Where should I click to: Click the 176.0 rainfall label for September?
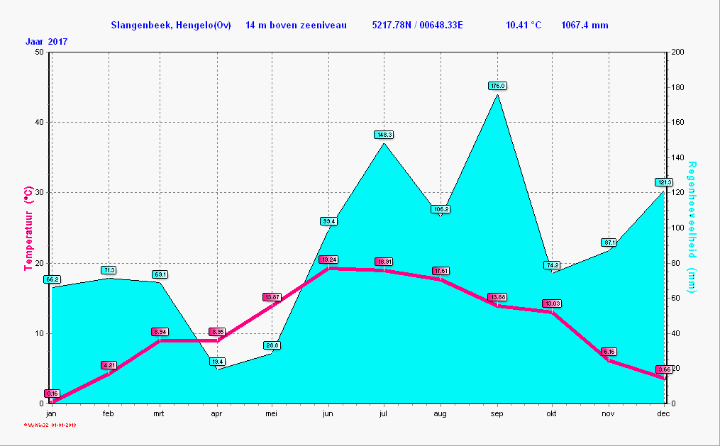[497, 86]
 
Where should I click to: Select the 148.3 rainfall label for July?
[384, 135]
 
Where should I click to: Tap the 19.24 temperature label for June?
[328, 260]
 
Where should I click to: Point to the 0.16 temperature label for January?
[52, 394]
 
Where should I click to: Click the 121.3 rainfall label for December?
[663, 182]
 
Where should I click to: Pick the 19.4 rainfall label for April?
[217, 362]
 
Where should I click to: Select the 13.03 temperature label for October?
[552, 303]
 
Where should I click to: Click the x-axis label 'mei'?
[272, 413]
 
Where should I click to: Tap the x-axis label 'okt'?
[552, 413]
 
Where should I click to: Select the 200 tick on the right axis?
[677, 52]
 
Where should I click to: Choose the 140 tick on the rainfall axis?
[677, 157]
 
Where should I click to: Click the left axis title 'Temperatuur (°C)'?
[28, 228]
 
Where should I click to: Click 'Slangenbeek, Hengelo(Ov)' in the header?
[170, 26]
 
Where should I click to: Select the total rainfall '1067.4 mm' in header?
[585, 26]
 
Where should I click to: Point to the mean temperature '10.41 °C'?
[524, 26]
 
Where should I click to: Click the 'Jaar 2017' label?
[47, 42]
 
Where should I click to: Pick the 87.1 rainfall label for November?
[609, 242]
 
